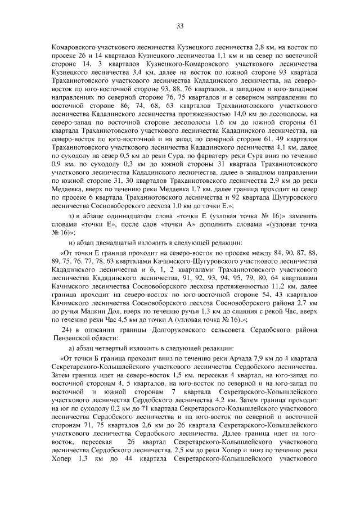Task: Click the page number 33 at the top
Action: (x=180, y=25)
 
